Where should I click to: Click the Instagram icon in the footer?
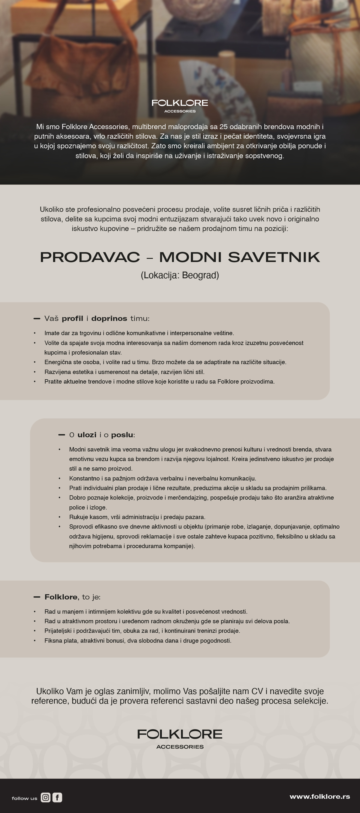tap(45, 797)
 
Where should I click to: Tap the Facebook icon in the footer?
tap(57, 797)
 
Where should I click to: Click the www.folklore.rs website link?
tap(319, 796)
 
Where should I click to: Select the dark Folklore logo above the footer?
tap(179, 738)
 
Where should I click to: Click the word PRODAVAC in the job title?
tap(90, 257)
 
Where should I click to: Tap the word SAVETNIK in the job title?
tap(274, 257)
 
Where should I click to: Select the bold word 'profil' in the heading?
tap(72, 318)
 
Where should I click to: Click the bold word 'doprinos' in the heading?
tap(109, 318)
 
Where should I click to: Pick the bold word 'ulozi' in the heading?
tap(87, 435)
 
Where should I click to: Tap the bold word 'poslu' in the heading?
tap(122, 435)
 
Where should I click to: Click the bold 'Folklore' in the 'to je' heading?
tap(61, 597)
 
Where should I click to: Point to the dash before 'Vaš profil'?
tap(37, 319)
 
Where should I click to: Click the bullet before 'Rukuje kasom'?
tap(59, 517)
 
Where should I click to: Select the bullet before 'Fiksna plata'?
tap(35, 641)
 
